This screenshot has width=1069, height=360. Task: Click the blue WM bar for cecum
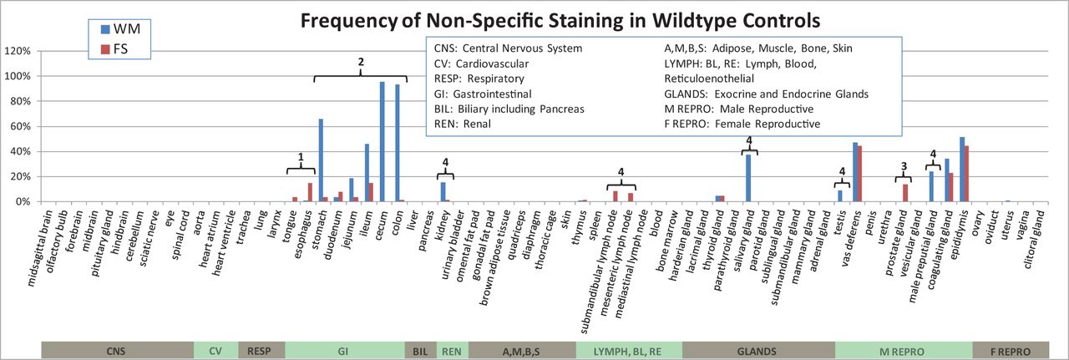click(382, 142)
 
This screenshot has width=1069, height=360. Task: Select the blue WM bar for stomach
click(321, 160)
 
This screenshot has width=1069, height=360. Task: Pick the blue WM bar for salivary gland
click(748, 178)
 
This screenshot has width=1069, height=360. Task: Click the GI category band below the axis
click(343, 352)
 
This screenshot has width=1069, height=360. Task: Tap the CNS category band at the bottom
click(117, 352)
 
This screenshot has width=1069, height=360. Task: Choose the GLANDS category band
click(757, 352)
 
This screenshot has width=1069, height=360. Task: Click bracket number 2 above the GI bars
click(361, 63)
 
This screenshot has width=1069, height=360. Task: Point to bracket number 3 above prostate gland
click(903, 166)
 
